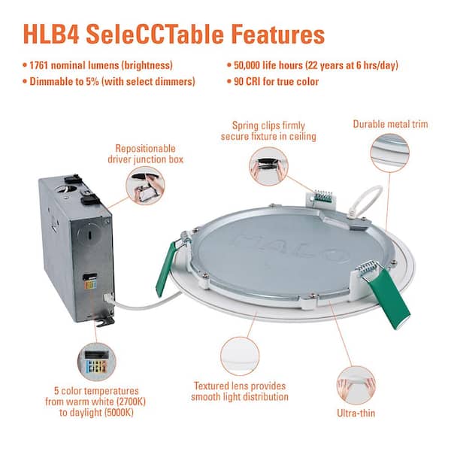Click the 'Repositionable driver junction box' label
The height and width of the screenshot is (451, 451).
148,154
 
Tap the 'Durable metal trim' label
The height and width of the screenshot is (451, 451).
390,124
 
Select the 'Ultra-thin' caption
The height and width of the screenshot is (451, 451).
357,413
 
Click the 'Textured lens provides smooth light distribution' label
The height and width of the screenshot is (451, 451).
239,390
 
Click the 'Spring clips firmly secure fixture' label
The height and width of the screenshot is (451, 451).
268,130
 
